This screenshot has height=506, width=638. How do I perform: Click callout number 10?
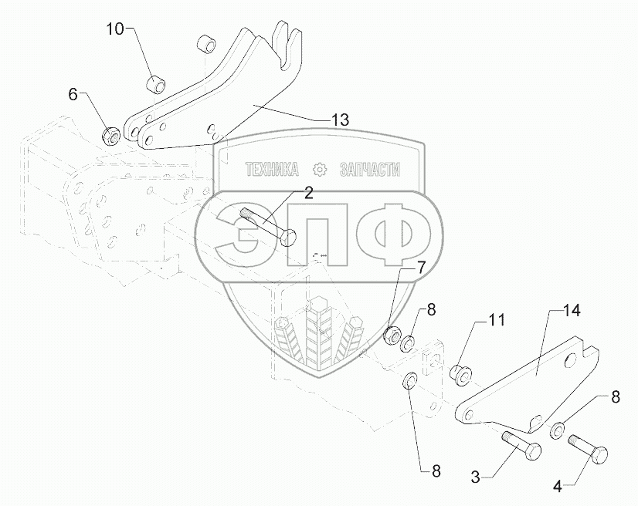coord(114,29)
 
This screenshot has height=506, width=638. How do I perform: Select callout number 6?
coord(73,95)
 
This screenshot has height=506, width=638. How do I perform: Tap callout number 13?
coord(340,120)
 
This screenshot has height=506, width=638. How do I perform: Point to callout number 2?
coord(308,194)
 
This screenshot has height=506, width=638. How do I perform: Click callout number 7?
coord(420,268)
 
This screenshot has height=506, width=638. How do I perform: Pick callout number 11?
coord(495,319)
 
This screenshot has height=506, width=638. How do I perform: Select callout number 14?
coord(571,311)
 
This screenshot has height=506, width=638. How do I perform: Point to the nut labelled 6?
coord(110,136)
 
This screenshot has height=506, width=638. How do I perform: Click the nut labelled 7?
coord(392,336)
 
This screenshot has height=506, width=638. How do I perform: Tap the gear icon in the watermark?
coord(319,170)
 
